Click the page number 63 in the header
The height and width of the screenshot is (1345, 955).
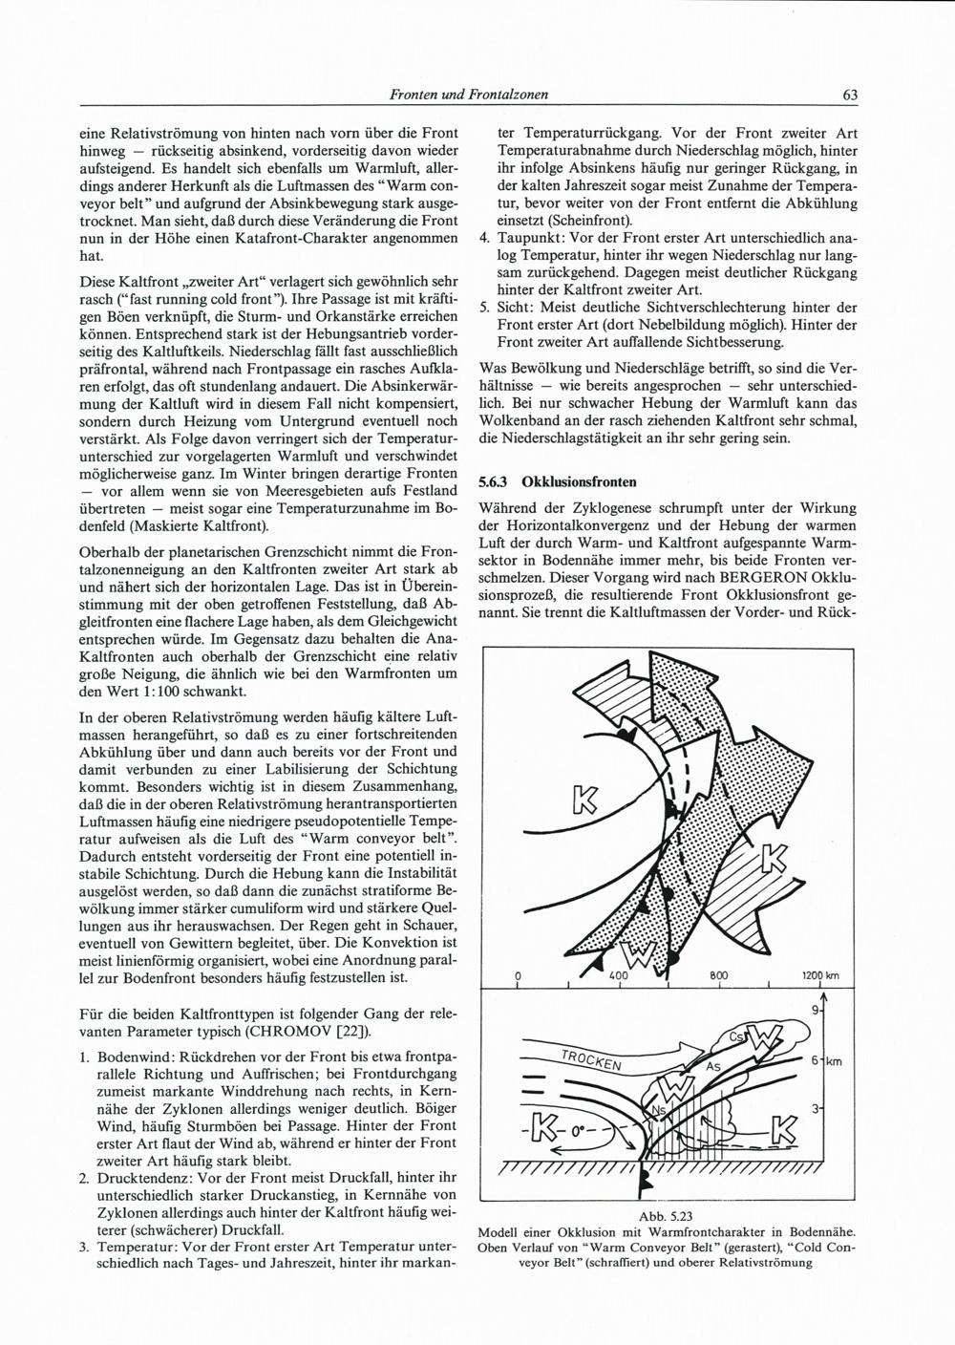(x=850, y=95)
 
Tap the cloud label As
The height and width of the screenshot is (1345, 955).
(x=711, y=1066)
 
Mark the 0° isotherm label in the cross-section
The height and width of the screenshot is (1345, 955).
(x=580, y=1133)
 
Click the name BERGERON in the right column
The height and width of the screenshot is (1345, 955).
(x=758, y=579)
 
